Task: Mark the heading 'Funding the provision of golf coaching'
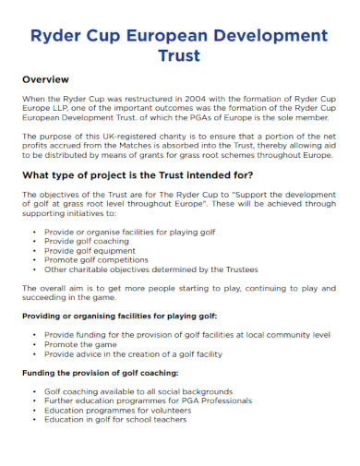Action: (x=99, y=373)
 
